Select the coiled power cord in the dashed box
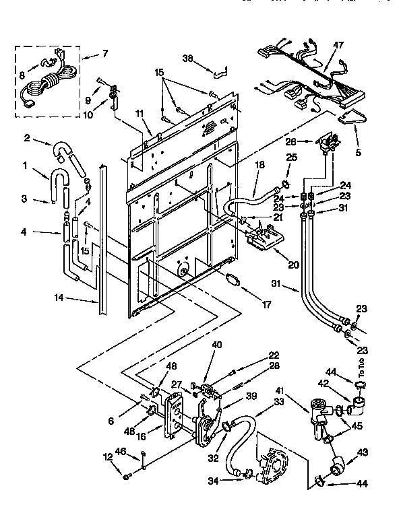[42, 85]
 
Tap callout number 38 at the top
[189, 58]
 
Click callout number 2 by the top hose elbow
[26, 139]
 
